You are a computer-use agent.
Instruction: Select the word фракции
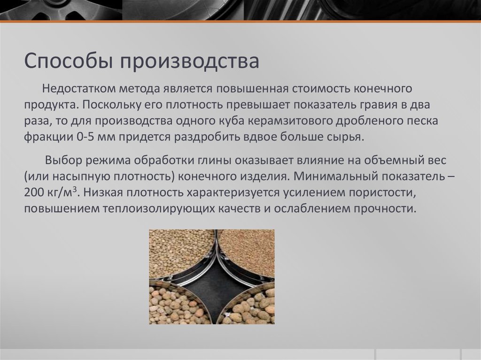47,137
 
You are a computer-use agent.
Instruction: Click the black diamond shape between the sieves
212,282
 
